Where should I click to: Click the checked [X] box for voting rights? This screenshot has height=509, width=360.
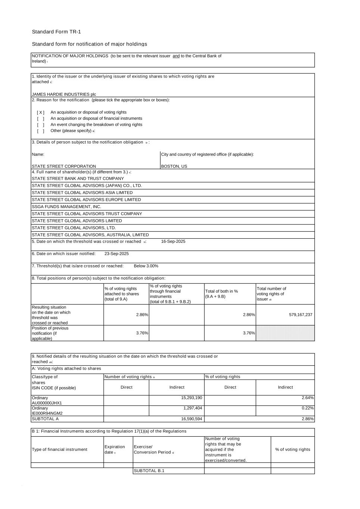coord(40,112)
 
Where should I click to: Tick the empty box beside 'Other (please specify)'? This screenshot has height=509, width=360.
coord(40,131)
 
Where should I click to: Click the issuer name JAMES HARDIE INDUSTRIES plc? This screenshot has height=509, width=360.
coord(64,94)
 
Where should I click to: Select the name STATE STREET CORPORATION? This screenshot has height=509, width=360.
coord(64,166)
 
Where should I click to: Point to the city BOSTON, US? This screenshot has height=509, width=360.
coord(174,166)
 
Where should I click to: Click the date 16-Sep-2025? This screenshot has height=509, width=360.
coord(173,241)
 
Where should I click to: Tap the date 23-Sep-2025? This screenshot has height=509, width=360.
coord(116,254)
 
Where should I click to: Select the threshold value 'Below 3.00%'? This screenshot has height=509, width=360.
coord(146,266)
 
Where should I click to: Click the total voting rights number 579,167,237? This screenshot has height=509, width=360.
coord(301,315)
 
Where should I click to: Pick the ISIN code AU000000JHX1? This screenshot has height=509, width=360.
coord(47,403)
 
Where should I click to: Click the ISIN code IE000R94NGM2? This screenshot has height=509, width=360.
coord(47,413)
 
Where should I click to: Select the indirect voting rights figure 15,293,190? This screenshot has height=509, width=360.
coord(191,398)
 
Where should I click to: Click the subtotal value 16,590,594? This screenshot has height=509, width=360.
coord(191,419)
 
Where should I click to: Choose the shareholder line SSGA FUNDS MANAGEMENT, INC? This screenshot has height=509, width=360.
coord(66,207)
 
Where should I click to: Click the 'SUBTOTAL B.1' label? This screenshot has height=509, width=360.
coord(149,471)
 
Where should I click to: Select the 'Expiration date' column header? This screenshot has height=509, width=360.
coord(115,449)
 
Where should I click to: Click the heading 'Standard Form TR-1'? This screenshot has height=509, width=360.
coord(56,32)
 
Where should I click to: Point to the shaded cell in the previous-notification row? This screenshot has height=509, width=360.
coord(285,333)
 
